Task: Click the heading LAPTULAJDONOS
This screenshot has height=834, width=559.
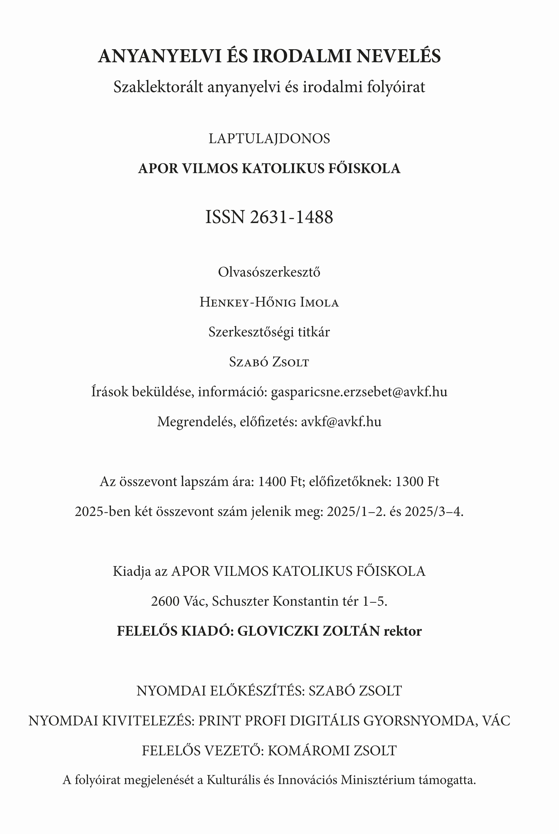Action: coord(269,139)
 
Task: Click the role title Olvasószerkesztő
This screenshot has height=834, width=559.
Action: coord(269,272)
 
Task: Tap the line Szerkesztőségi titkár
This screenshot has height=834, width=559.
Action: coord(269,332)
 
